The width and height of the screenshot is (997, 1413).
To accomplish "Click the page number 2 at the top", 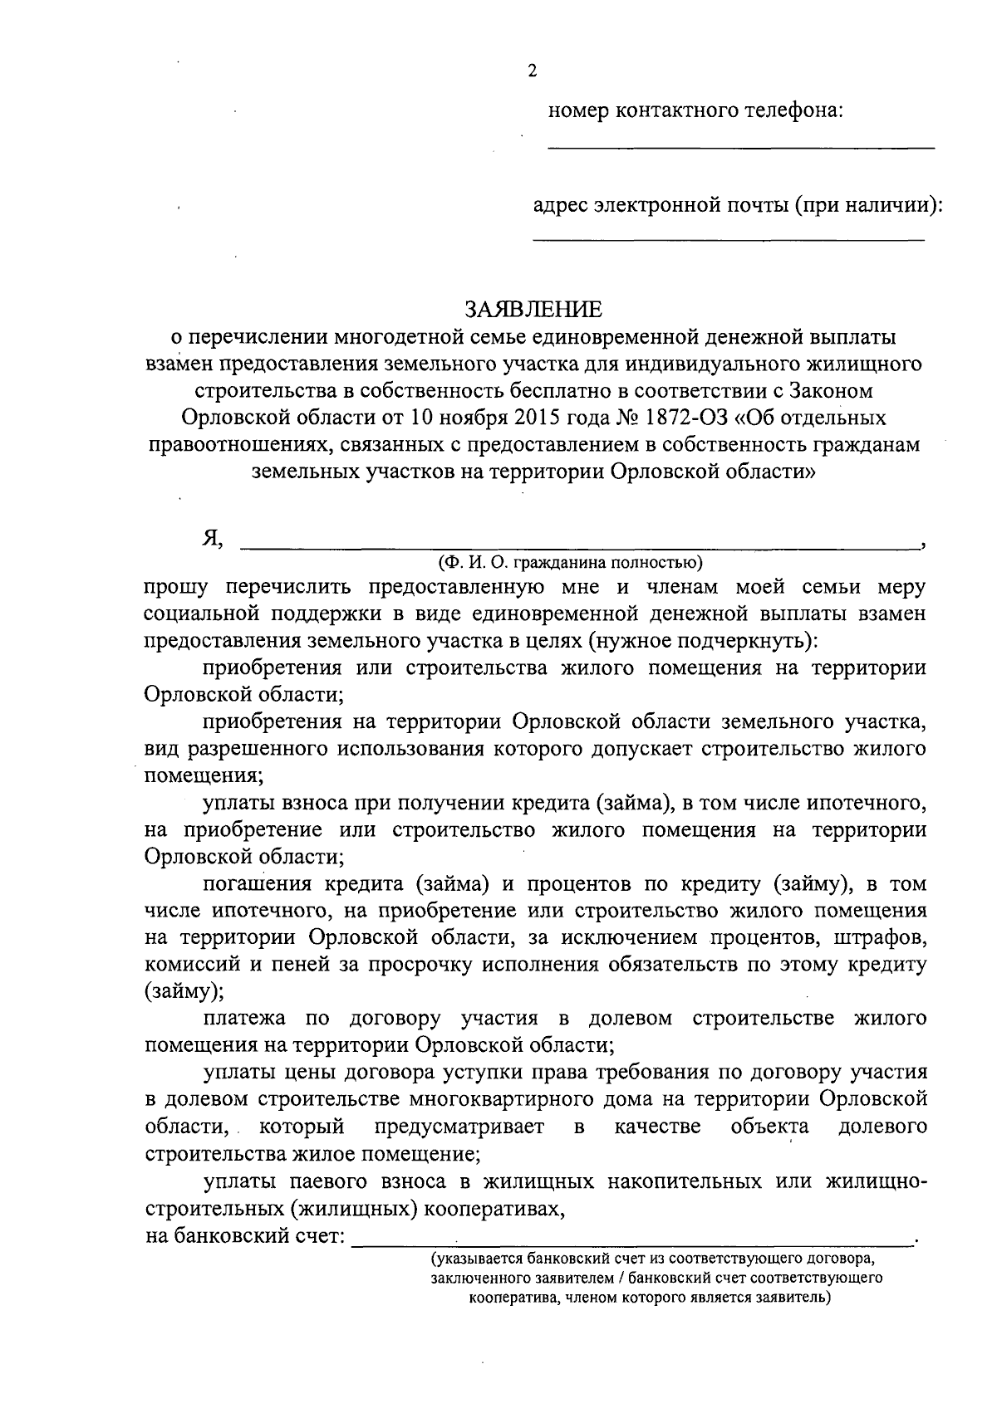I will (x=533, y=71).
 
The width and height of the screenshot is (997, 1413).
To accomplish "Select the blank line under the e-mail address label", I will (x=728, y=239).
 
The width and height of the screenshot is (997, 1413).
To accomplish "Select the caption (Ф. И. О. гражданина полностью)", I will (x=571, y=563).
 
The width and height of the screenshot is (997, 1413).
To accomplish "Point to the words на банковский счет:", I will (x=245, y=1236).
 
